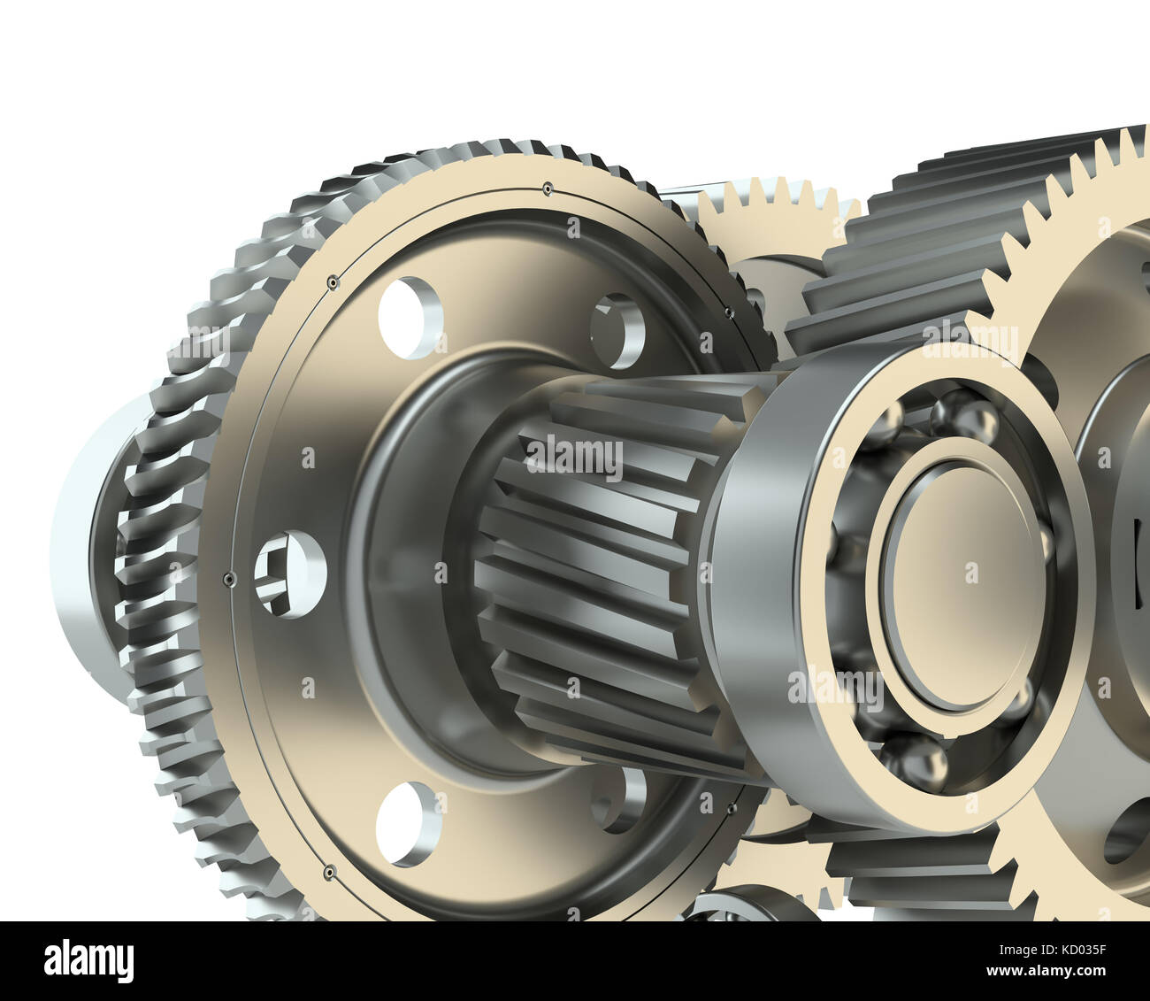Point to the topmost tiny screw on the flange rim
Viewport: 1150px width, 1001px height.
click(548, 188)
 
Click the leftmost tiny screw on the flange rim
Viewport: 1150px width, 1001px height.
click(228, 579)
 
